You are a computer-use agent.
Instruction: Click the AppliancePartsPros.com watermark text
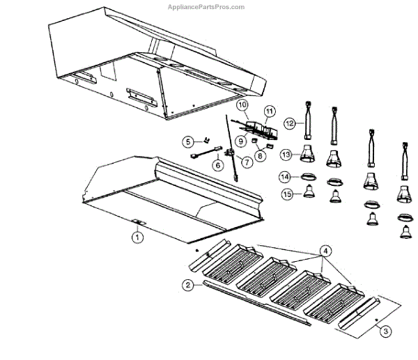(207, 7)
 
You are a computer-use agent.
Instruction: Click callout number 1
(137, 237)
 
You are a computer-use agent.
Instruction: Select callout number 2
(187, 284)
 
